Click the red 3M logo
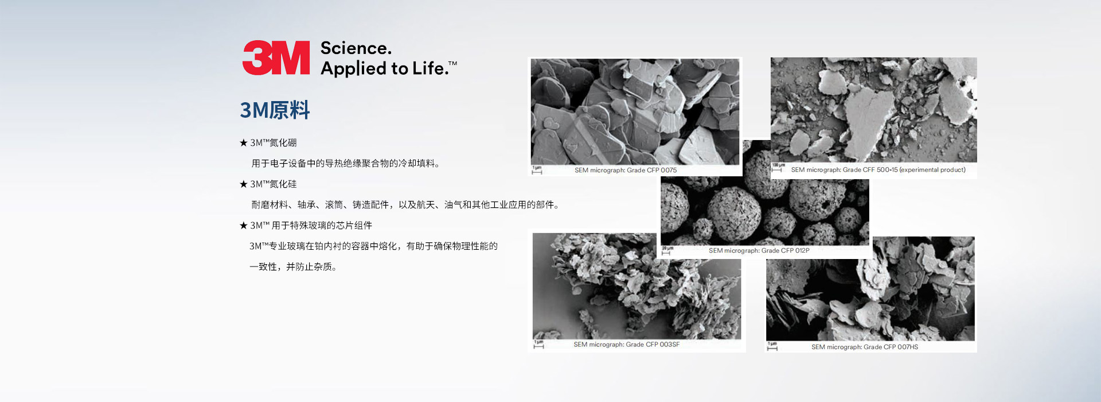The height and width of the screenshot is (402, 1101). coord(276,57)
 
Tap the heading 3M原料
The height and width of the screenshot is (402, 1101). coord(275,110)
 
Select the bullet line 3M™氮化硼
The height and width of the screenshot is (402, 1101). coord(268,142)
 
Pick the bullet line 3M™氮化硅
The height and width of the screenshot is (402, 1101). coord(268,184)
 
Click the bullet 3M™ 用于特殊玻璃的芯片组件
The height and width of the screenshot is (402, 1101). coord(306,225)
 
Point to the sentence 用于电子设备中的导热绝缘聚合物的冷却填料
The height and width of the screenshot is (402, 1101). coord(346,163)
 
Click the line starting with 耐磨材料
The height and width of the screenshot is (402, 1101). coord(405,204)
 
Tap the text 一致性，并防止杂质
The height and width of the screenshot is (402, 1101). coord(293,266)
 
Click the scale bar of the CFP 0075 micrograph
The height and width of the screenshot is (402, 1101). coord(537,171)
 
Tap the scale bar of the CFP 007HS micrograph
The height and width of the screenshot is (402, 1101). coord(772,347)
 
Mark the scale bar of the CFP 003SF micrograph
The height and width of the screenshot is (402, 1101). coord(538,345)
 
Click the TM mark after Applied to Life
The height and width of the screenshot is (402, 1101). coord(452,63)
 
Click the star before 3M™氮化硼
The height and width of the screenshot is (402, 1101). coord(243,142)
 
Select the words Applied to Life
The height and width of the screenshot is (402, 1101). coord(384,68)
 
